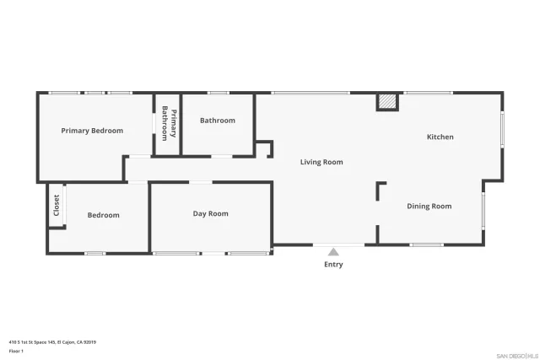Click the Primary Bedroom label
[92, 131]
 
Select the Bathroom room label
[218, 121]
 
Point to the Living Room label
[321, 162]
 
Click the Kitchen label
[440, 137]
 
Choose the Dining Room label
[429, 207]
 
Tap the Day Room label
[210, 214]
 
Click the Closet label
[57, 206]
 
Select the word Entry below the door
[333, 265]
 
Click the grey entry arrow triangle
[333, 251]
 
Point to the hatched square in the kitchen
[386, 101]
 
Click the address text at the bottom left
[52, 341]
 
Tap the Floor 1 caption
[16, 351]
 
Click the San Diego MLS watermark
[516, 355]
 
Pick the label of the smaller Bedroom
[104, 215]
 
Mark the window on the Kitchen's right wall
[504, 130]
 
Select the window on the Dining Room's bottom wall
[427, 245]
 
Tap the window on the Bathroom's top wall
[218, 93]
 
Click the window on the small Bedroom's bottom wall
[94, 253]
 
